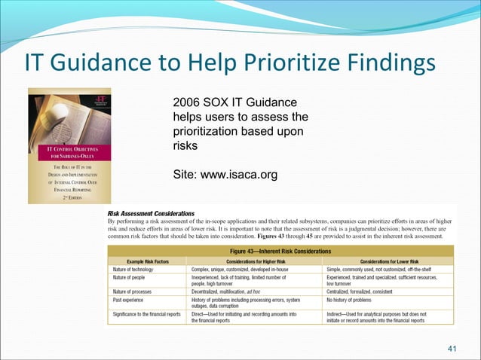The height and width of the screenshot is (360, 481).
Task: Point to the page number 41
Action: coord(453,349)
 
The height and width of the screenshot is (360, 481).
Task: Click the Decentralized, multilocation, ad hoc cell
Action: coord(234,291)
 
